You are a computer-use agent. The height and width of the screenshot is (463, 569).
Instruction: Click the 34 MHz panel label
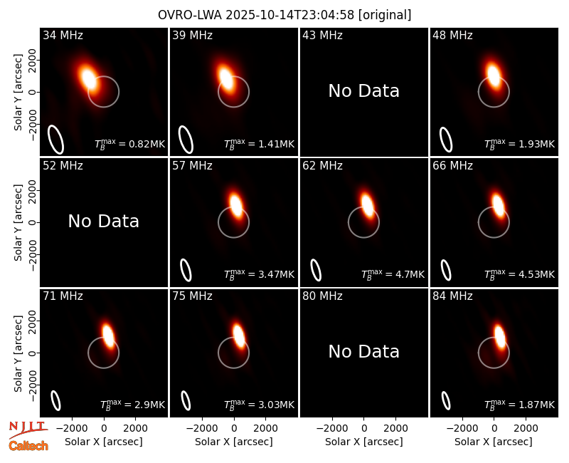(63, 35)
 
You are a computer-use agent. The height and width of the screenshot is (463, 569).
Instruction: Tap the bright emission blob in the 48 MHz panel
(493, 75)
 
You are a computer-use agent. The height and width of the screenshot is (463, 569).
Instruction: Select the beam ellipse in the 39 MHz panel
(186, 140)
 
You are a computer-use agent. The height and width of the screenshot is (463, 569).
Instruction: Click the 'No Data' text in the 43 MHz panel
(363, 91)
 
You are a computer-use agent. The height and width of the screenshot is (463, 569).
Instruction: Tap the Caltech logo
(28, 446)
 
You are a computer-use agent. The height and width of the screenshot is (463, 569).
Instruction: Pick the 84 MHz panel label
(452, 296)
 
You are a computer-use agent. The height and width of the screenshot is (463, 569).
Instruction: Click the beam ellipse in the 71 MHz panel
(55, 400)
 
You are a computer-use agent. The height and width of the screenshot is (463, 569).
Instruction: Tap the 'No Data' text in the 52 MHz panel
(103, 222)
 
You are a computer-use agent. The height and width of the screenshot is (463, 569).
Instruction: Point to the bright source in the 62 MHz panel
(367, 205)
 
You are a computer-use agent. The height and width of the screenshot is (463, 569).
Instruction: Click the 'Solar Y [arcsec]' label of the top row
(18, 93)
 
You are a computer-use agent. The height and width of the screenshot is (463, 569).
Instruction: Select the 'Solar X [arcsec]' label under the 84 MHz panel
(494, 442)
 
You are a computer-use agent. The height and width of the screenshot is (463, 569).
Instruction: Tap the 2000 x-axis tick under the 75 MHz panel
(265, 428)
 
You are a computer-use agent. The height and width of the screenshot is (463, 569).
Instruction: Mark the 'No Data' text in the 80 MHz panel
(363, 352)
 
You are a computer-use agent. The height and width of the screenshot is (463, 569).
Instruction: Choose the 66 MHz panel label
(452, 166)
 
